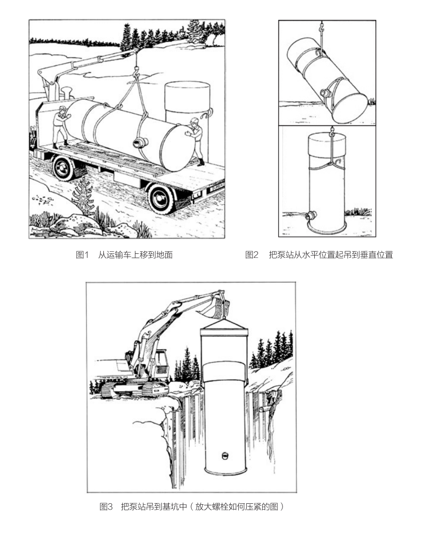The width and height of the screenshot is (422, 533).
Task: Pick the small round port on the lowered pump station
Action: click(224, 455)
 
